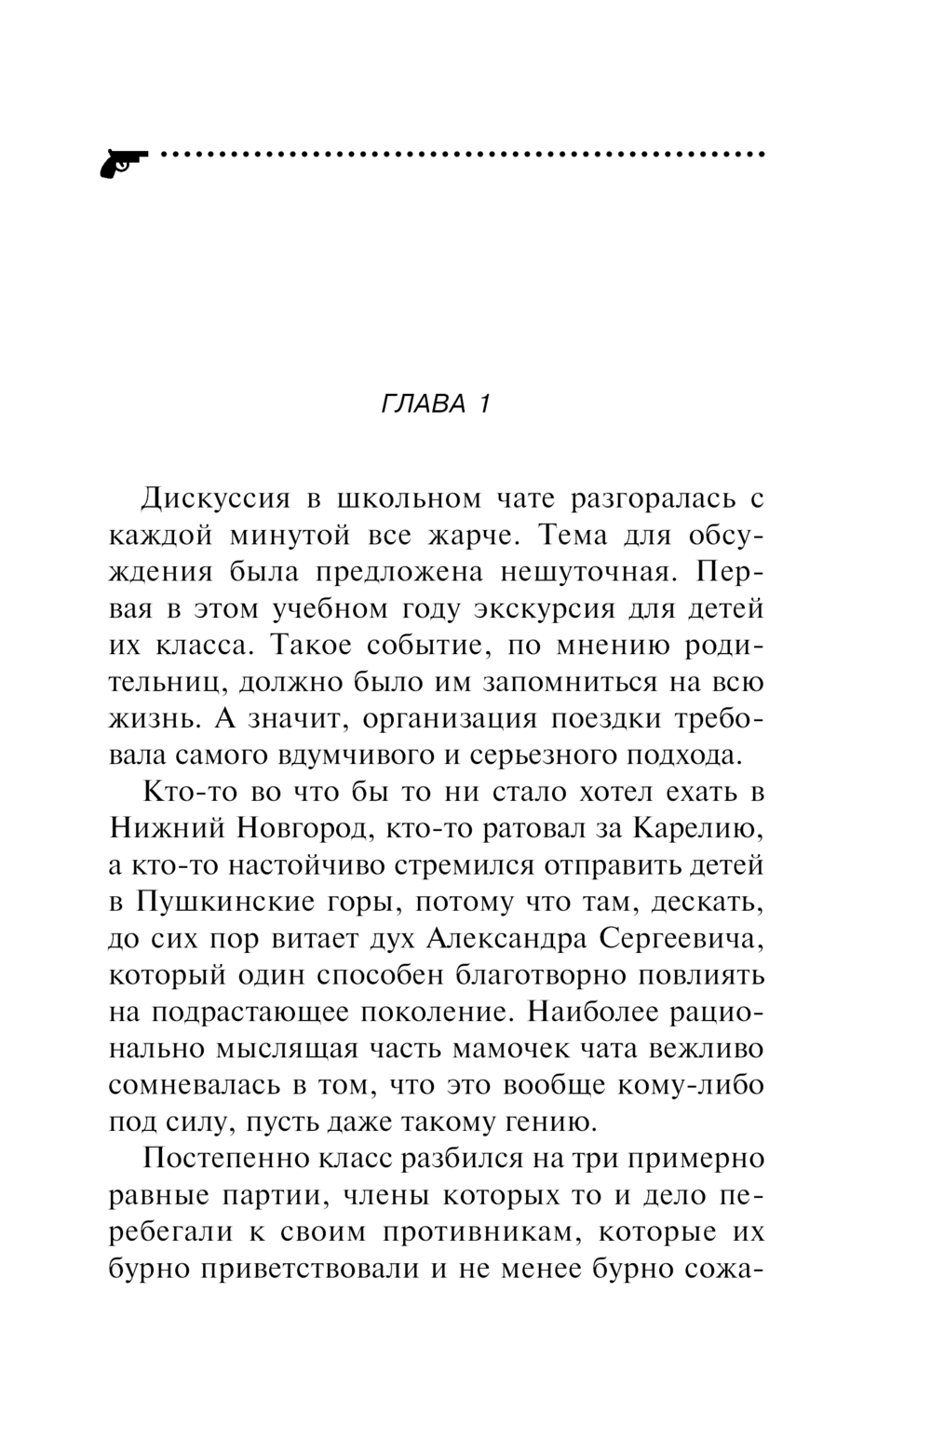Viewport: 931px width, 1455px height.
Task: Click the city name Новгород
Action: click(302, 829)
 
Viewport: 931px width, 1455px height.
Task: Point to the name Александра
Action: click(506, 939)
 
